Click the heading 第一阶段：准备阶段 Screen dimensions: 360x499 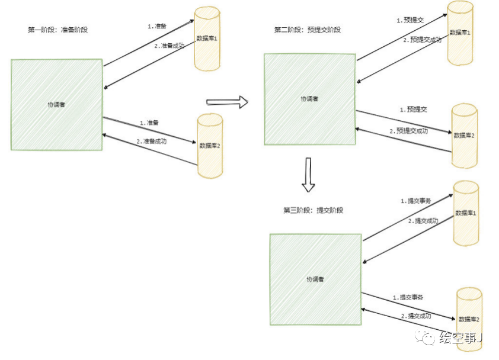[x=57, y=30]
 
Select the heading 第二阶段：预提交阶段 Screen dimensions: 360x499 [x=308, y=30]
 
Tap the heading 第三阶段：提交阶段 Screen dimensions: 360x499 [x=314, y=210]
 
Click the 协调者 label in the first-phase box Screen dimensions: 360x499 [x=56, y=105]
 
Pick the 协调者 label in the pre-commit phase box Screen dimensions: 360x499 [x=309, y=99]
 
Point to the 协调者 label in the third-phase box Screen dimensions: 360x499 [x=315, y=279]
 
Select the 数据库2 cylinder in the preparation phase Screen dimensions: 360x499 [x=210, y=145]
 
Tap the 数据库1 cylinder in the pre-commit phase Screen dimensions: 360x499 [x=460, y=33]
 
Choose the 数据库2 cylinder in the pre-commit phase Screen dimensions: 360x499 [x=464, y=136]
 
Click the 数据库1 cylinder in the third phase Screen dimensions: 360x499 [x=465, y=213]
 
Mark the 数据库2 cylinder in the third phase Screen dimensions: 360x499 [x=469, y=319]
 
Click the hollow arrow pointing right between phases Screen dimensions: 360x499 [x=226, y=102]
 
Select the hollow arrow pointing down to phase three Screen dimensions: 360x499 [x=308, y=175]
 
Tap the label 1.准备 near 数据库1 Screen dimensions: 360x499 [x=157, y=26]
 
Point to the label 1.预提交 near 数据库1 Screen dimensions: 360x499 [x=410, y=20]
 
